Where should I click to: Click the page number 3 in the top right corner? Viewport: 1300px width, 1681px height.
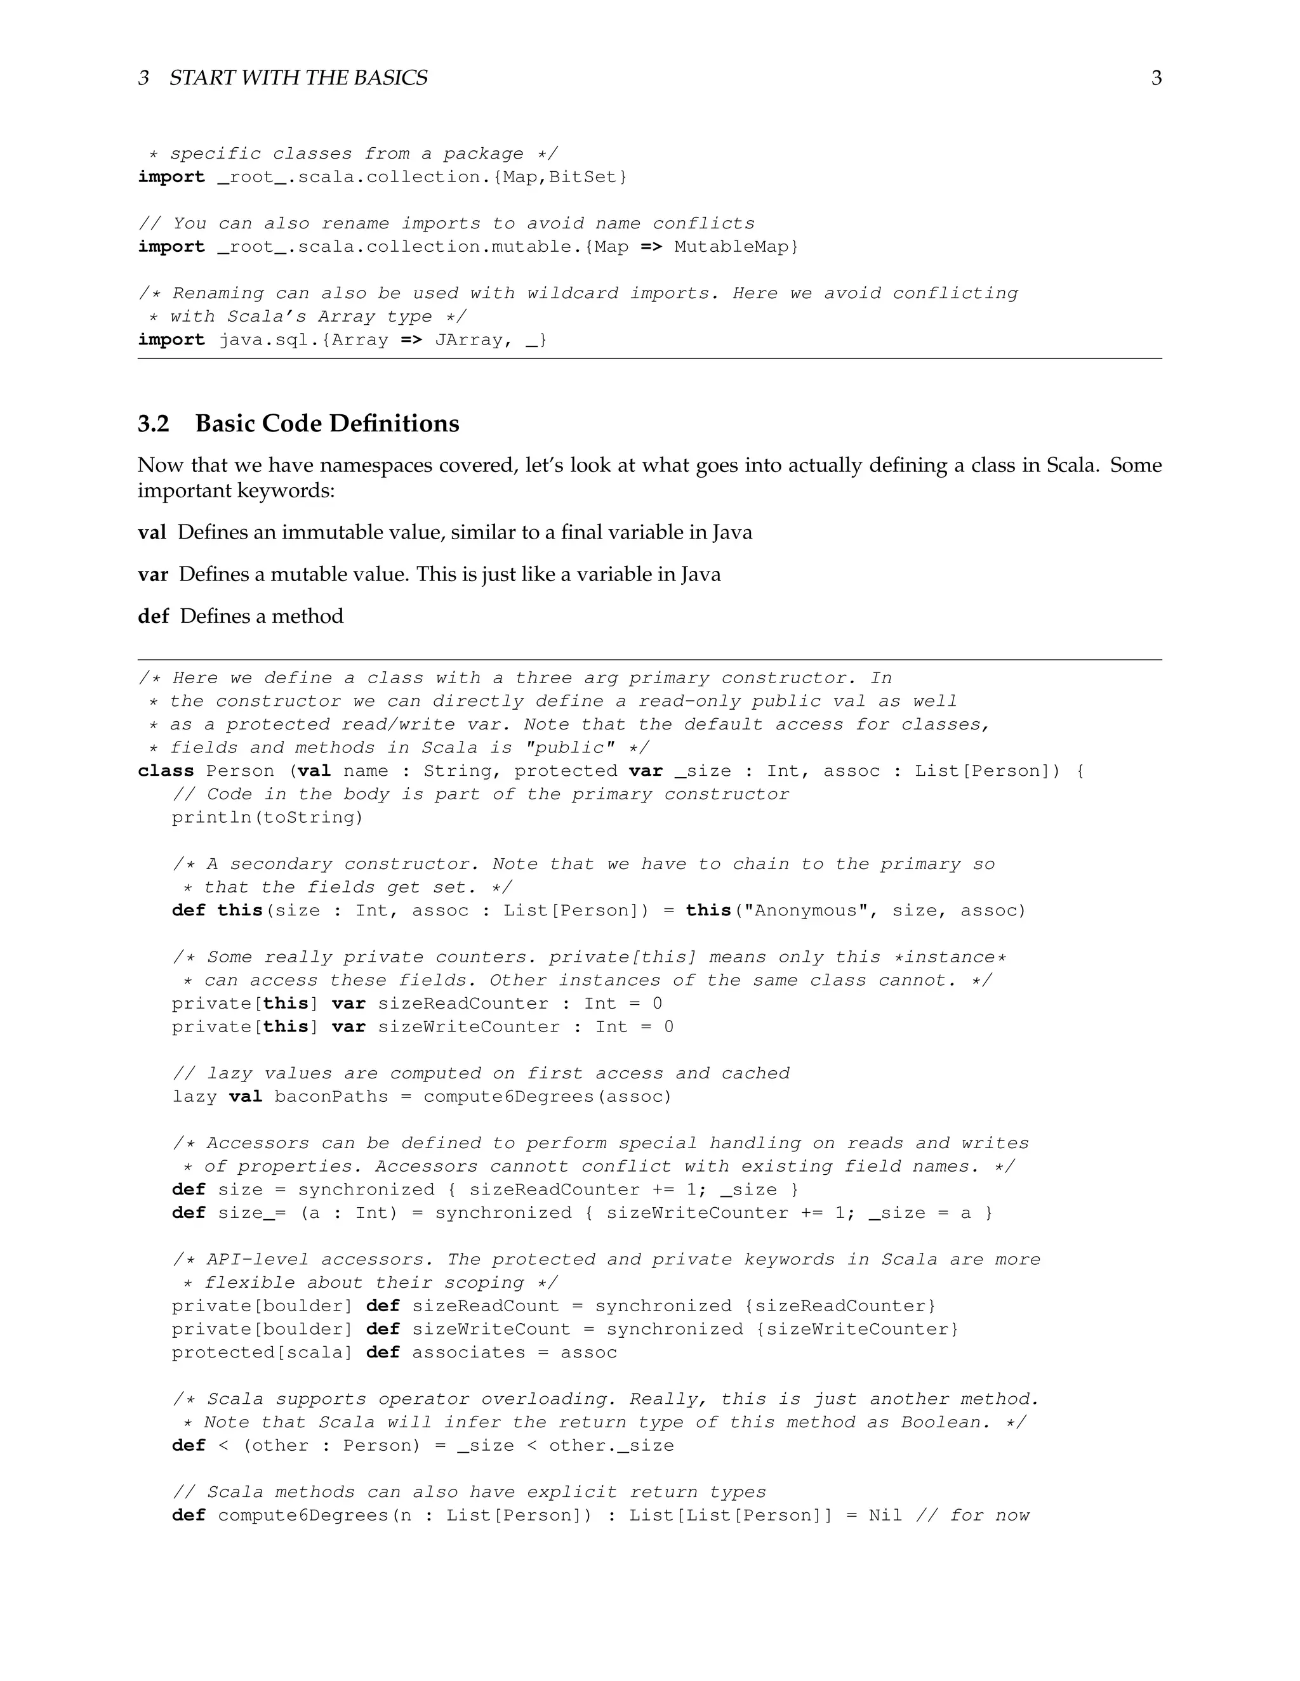1156,78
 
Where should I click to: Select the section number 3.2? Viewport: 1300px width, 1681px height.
153,423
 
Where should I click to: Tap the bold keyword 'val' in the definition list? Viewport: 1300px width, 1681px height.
152,533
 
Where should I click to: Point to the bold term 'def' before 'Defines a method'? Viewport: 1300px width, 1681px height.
152,616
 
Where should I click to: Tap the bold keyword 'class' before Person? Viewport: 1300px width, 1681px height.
166,771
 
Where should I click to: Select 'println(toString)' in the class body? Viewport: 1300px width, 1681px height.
267,818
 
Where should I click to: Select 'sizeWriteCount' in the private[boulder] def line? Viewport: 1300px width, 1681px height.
491,1329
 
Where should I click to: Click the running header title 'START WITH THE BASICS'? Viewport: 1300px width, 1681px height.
298,78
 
